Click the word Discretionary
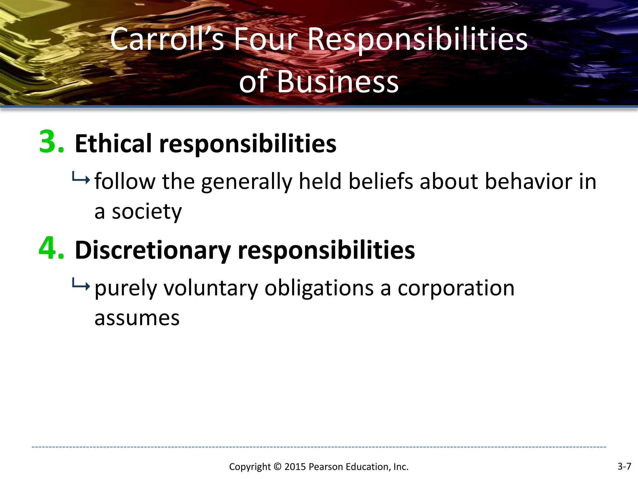pos(153,250)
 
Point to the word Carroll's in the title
pos(167,39)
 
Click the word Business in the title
pos(338,82)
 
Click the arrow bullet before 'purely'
pos(81,284)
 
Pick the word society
pos(146,212)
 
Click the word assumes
pos(137,318)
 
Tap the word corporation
pos(456,288)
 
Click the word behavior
pos(528,181)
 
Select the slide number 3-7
pos(624,466)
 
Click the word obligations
pos(319,288)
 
